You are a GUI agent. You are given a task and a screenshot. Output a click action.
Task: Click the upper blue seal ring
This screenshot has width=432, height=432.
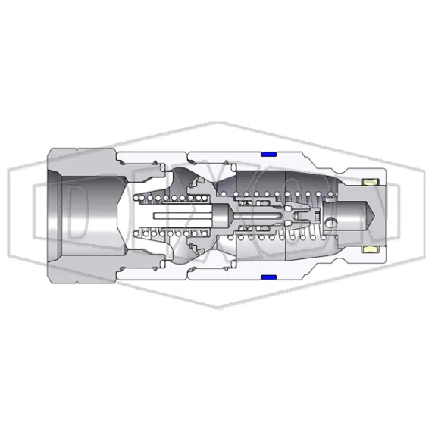click(267, 155)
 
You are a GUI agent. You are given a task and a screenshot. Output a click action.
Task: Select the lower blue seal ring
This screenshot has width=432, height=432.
click(267, 277)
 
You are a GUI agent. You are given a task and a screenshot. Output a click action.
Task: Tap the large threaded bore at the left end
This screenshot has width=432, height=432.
click(83, 216)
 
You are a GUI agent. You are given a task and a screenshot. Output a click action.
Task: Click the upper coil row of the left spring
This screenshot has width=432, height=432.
click(171, 199)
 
